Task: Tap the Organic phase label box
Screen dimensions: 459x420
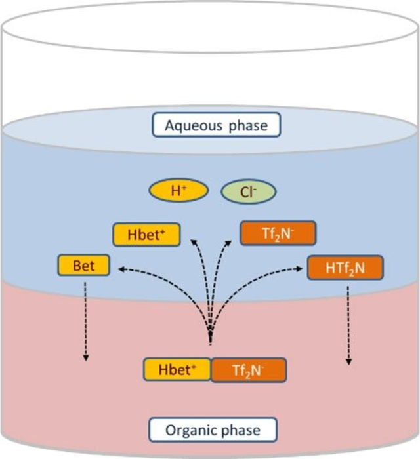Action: click(x=212, y=430)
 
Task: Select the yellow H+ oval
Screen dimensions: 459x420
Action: click(x=179, y=191)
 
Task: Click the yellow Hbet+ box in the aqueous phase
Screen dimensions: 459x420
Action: click(x=146, y=235)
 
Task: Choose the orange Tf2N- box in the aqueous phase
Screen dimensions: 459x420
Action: click(x=278, y=234)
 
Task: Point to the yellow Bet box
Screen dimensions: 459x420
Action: click(x=84, y=267)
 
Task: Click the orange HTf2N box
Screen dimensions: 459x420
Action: click(x=345, y=268)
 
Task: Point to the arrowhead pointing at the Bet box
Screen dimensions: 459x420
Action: click(x=121, y=268)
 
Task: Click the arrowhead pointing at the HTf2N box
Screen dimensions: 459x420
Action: click(x=303, y=268)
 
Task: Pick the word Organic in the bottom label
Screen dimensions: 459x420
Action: click(x=190, y=430)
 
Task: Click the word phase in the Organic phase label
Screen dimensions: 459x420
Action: click(x=240, y=431)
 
